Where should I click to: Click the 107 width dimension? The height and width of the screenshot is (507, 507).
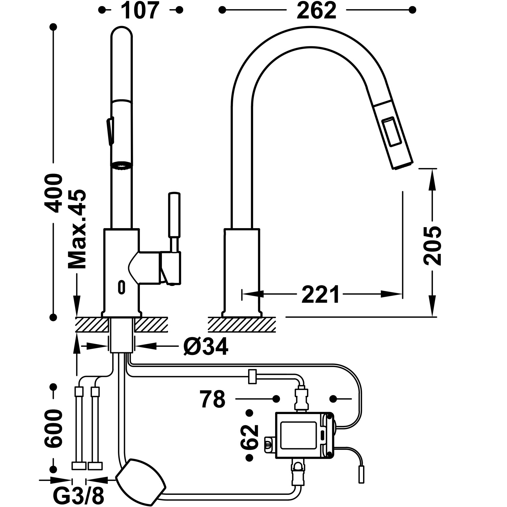140,10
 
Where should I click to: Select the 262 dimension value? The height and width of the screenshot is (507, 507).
317,10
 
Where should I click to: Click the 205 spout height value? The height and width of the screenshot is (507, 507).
433,245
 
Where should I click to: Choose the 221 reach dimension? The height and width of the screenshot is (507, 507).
320,294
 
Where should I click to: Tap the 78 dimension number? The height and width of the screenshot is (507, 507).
212,399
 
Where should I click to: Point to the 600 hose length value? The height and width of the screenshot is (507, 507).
53,429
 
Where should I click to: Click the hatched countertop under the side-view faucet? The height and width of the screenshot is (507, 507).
242,324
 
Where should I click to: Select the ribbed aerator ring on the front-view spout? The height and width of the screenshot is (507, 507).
122,165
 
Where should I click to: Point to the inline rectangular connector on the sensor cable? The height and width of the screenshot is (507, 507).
252,377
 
